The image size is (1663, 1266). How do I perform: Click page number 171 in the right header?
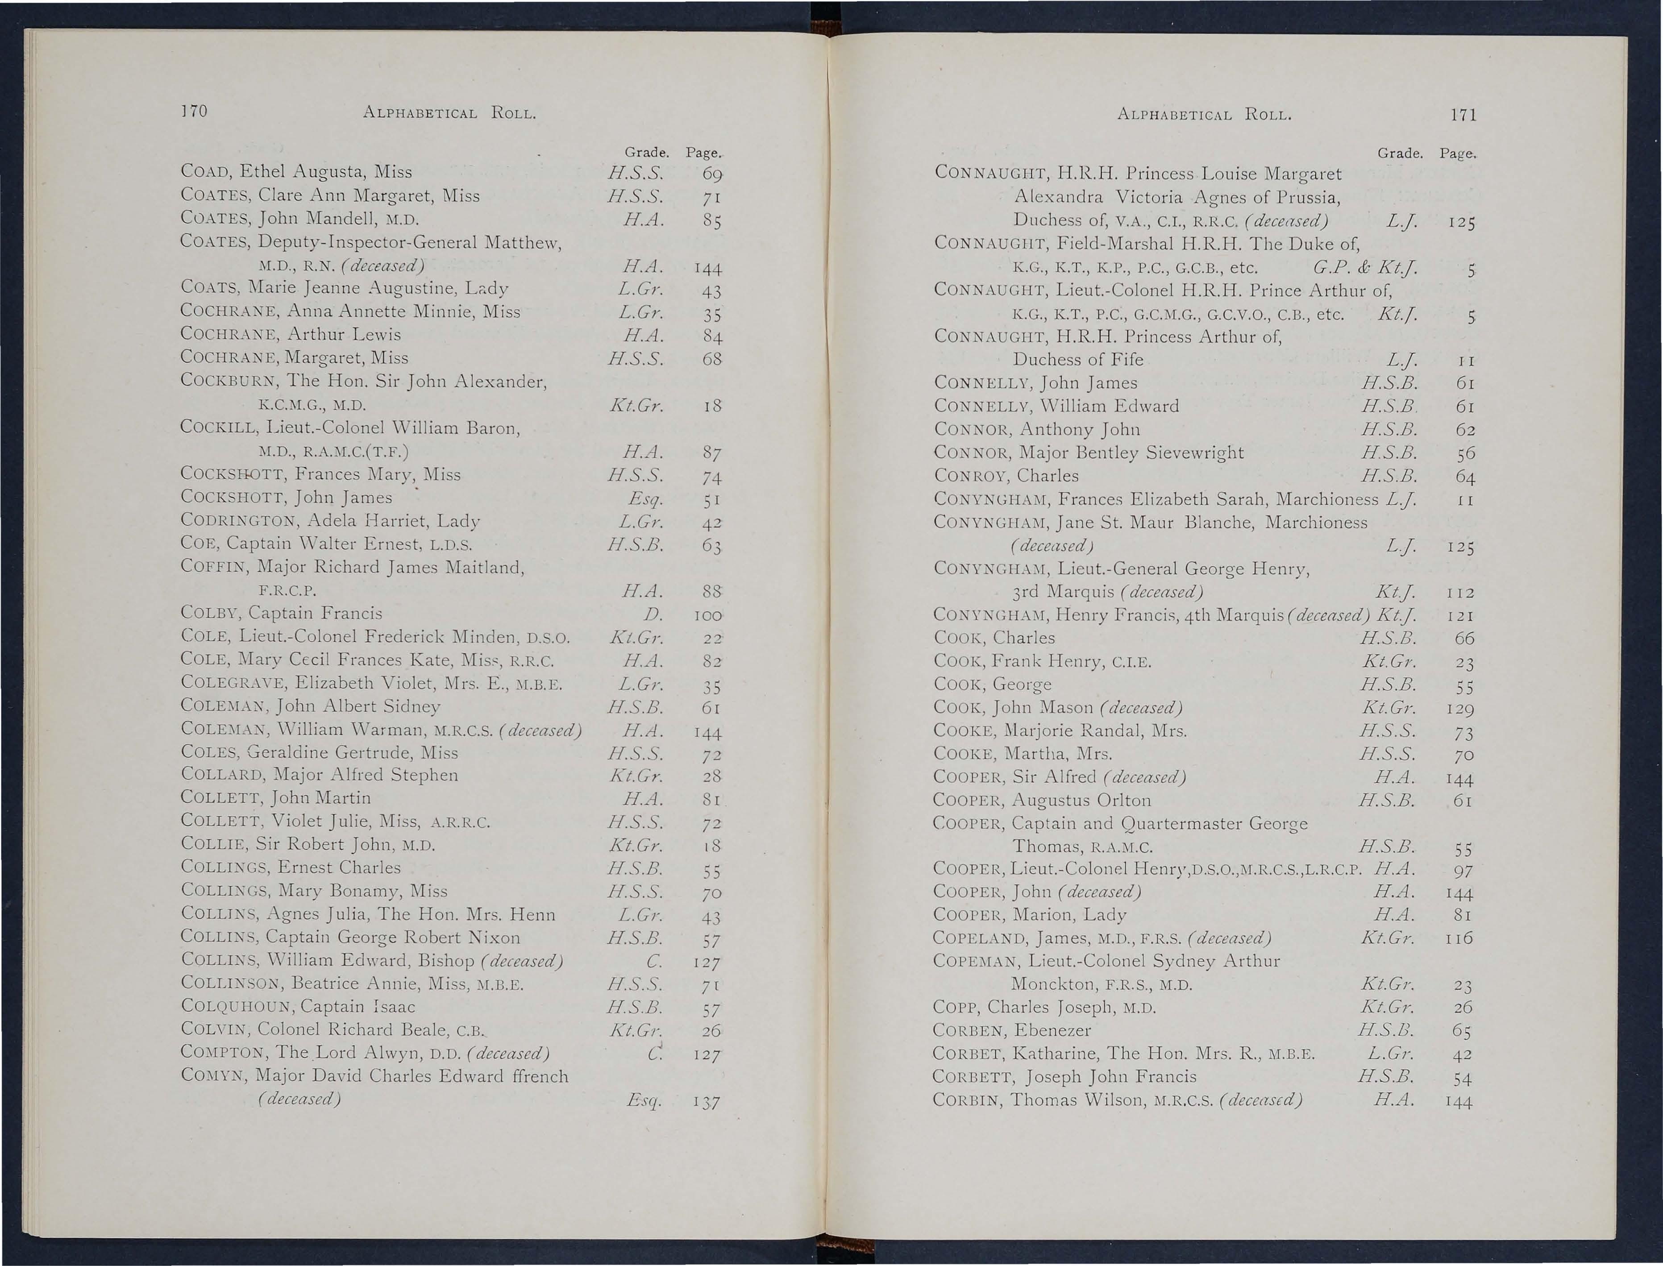pyautogui.click(x=1463, y=115)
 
